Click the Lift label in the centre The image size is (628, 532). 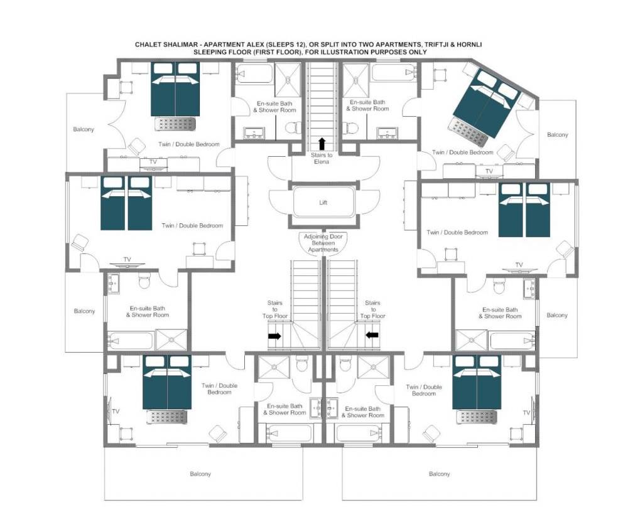(x=323, y=203)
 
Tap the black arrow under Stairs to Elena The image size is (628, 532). (x=321, y=144)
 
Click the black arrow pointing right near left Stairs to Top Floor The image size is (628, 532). (x=274, y=336)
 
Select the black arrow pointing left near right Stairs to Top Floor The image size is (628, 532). (x=372, y=335)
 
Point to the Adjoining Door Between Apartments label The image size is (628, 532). (x=323, y=243)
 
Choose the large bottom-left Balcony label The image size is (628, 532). (x=200, y=474)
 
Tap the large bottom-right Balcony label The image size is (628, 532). (x=440, y=474)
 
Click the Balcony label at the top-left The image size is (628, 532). (x=84, y=129)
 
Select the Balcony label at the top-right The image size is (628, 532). (x=558, y=135)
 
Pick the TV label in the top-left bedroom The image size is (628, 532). (x=153, y=162)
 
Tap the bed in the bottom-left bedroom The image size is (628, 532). (x=167, y=381)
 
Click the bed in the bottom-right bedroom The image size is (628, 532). (x=477, y=381)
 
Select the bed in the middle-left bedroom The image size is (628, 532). (x=126, y=203)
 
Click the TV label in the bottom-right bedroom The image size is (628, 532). (x=527, y=413)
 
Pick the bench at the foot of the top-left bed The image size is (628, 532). (x=175, y=124)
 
